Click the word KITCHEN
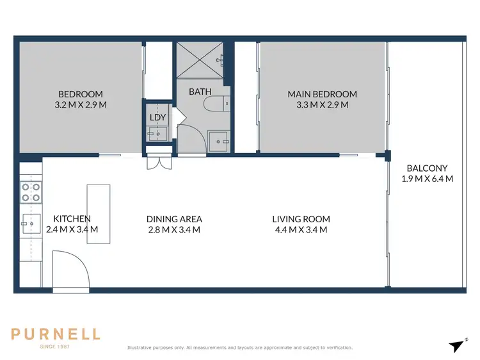72,218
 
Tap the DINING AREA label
174,219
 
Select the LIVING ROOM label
300,219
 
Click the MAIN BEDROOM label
322,94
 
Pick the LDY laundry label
157,117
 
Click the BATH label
199,92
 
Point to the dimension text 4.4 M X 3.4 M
300,230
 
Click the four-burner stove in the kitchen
31,192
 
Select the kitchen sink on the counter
29,224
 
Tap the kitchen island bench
99,214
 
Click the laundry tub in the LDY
157,134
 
